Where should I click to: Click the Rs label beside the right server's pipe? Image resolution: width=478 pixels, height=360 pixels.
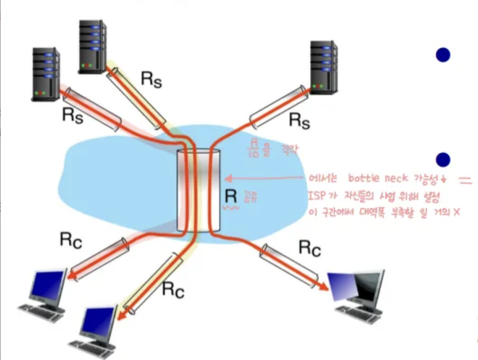(300, 121)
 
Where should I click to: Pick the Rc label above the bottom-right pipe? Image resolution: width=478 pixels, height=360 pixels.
(309, 248)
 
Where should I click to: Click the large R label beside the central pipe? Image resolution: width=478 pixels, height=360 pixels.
(231, 197)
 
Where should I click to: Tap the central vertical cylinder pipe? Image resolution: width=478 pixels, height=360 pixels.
(199, 190)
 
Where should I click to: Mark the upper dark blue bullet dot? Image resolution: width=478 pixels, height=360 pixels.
(443, 55)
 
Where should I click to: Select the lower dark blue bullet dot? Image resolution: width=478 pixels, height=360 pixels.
(443, 159)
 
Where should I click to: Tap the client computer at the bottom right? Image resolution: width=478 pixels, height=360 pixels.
(357, 289)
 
